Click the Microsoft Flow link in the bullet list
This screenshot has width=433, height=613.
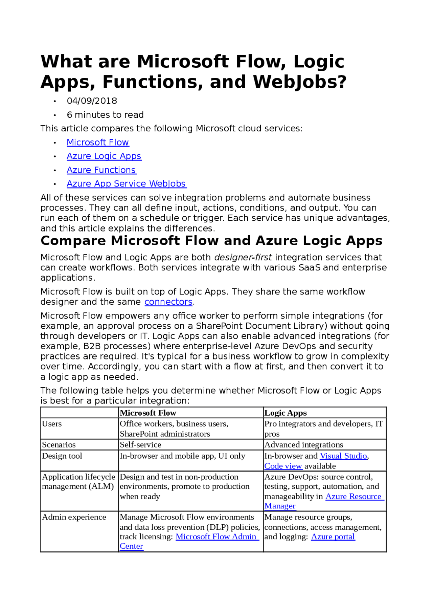tap(98, 143)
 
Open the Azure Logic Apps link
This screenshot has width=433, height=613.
tap(104, 156)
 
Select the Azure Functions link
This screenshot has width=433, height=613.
tap(101, 170)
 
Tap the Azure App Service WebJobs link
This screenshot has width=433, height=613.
tap(126, 184)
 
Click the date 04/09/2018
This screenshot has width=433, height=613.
tap(92, 101)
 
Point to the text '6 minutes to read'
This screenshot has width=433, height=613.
tap(105, 115)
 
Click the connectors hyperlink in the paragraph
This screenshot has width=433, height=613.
tap(168, 302)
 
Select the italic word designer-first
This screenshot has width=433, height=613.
tap(243, 258)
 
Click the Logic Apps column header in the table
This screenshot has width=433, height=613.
tap(286, 413)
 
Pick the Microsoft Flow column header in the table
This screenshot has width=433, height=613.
tap(148, 413)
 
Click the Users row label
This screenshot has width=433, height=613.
tap(52, 424)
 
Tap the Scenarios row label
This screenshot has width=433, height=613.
tap(59, 445)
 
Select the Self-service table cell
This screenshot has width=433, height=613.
tap(140, 445)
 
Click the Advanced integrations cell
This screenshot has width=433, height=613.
tap(303, 445)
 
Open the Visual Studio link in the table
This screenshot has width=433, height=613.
tap(343, 456)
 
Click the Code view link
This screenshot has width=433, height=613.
tap(283, 466)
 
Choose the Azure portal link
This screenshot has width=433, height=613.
tap(333, 537)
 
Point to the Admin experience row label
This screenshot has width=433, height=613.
tap(74, 517)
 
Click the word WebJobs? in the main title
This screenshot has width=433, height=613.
tap(300, 82)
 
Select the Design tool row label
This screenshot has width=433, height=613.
tap(62, 456)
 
